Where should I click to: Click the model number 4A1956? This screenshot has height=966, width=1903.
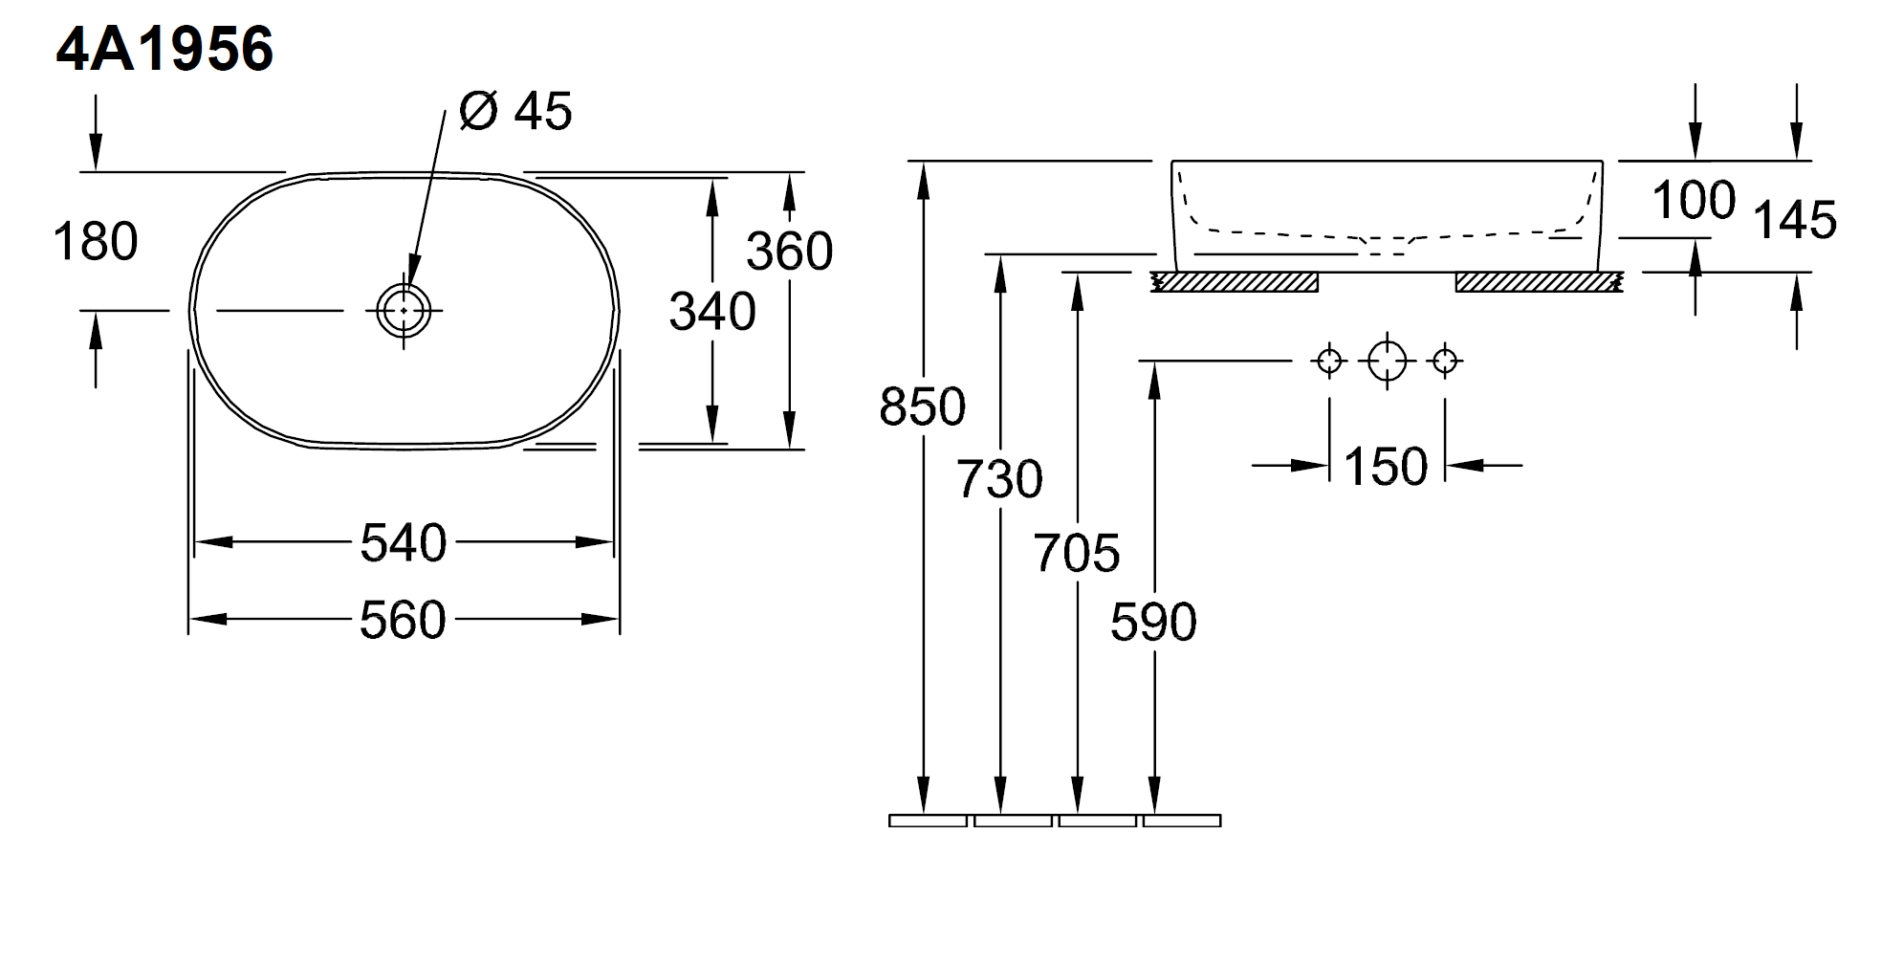pos(164,50)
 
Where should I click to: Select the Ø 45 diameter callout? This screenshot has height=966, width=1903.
pos(515,111)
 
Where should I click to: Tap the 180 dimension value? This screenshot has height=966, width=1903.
pos(96,241)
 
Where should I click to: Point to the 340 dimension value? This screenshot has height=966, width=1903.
pos(712,312)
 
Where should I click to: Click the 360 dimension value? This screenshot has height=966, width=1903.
pos(790,252)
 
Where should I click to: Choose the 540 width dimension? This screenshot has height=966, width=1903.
pos(404,543)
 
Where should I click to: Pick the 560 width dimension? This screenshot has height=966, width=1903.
pos(404,620)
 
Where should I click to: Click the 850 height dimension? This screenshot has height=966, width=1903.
pos(923,406)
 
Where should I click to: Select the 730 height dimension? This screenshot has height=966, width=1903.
pos(1000,479)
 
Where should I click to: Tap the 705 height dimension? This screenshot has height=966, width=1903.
pos(1077,554)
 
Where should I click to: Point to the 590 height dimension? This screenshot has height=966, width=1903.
pos(1154,623)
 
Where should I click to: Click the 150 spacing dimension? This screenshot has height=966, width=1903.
pos(1386,467)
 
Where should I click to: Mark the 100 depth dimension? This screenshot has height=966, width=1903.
pos(1694,201)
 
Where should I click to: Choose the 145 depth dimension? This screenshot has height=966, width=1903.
pos(1795,221)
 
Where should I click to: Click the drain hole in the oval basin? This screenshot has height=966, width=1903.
pos(404,310)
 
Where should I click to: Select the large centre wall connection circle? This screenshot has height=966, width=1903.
pos(1387,361)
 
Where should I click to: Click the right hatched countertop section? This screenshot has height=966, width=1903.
pos(1539,282)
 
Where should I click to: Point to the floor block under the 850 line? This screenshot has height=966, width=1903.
pos(928,821)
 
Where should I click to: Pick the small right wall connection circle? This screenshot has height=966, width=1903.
pos(1445,361)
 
